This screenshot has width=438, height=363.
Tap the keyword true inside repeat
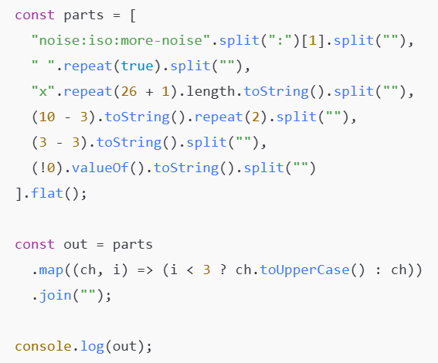(x=138, y=66)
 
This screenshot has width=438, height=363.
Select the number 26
(x=129, y=92)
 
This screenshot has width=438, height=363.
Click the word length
(x=211, y=91)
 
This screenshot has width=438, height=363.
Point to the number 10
(x=47, y=117)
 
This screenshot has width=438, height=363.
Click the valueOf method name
(x=100, y=168)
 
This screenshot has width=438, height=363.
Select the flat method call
(x=47, y=193)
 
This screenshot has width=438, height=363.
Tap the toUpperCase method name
(x=305, y=270)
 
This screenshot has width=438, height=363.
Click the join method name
(x=56, y=296)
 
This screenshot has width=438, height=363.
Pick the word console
(x=43, y=346)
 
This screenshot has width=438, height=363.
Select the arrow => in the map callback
(x=145, y=270)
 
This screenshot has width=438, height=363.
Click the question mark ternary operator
(x=222, y=270)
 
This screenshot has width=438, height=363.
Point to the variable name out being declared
(x=76, y=245)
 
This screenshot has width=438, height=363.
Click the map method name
(x=51, y=270)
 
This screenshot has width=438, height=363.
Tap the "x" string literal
(x=42, y=91)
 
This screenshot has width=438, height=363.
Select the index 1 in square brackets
(x=313, y=40)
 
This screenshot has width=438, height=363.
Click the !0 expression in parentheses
(x=47, y=168)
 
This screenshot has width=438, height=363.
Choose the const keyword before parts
(x=35, y=15)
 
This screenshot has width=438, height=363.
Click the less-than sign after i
(x=190, y=270)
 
